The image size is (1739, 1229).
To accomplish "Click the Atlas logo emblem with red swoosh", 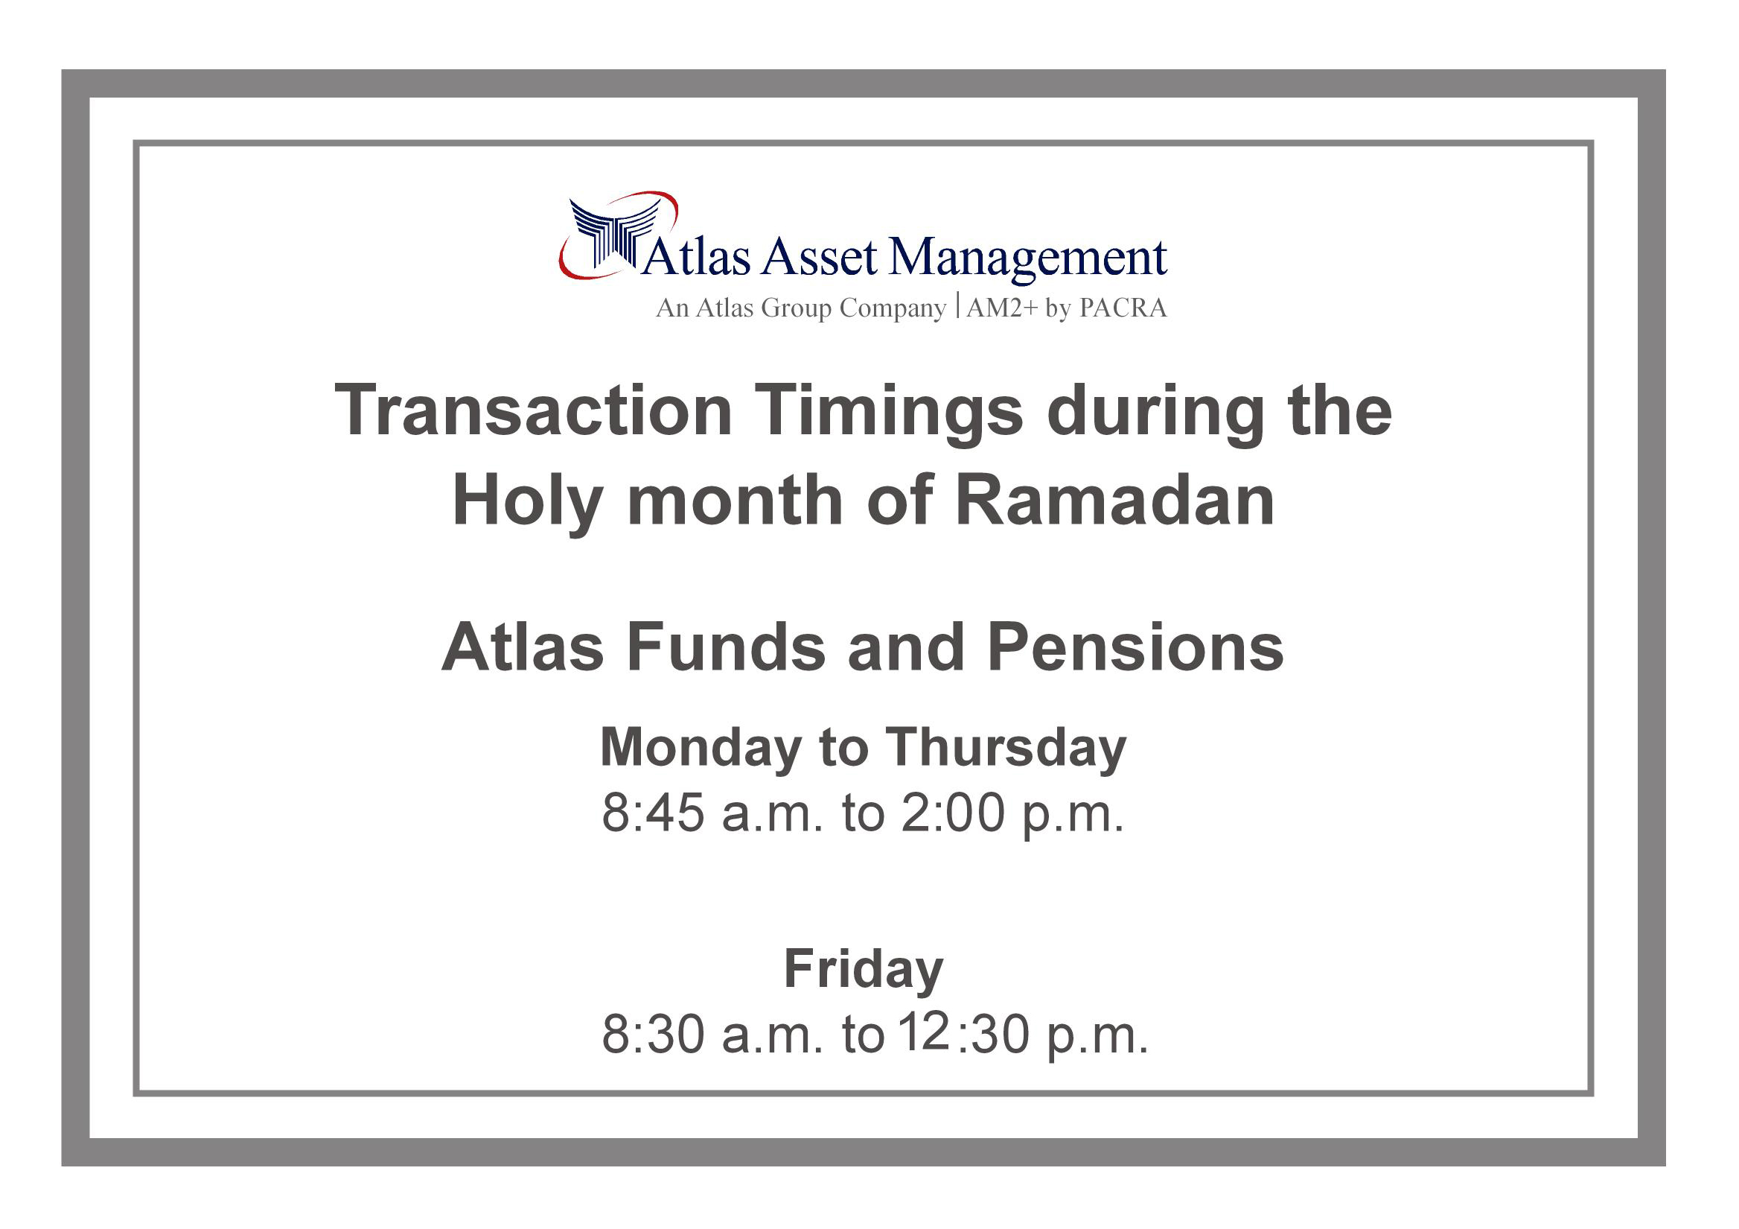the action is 618,234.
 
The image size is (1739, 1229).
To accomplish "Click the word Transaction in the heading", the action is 533,410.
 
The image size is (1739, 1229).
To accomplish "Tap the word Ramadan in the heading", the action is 1115,501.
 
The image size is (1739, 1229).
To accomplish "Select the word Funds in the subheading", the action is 726,648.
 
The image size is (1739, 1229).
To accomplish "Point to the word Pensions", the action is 1135,648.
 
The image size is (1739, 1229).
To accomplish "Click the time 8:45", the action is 653,813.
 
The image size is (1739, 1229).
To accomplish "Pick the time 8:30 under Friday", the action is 653,1035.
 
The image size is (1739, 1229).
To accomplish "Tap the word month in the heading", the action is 735,501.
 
